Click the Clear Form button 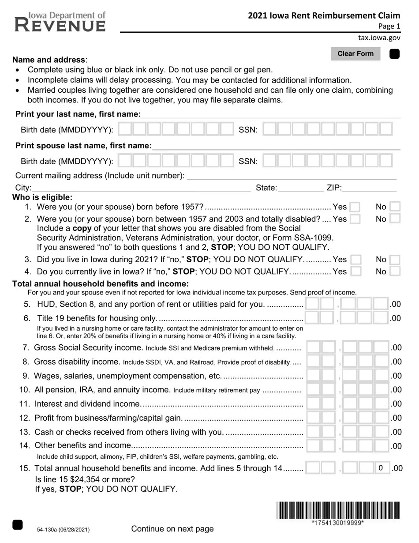tap(355, 54)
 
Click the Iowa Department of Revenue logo tap(60, 22)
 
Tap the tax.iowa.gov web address tap(379, 38)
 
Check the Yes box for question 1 tap(355, 207)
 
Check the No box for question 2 tap(395, 219)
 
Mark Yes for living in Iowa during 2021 tap(355, 260)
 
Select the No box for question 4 tap(395, 271)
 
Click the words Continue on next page tap(172, 529)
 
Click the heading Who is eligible tap(42, 197)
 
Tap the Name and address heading tap(49, 60)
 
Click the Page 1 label tap(389, 26)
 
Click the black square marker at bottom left tap(17, 524)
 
